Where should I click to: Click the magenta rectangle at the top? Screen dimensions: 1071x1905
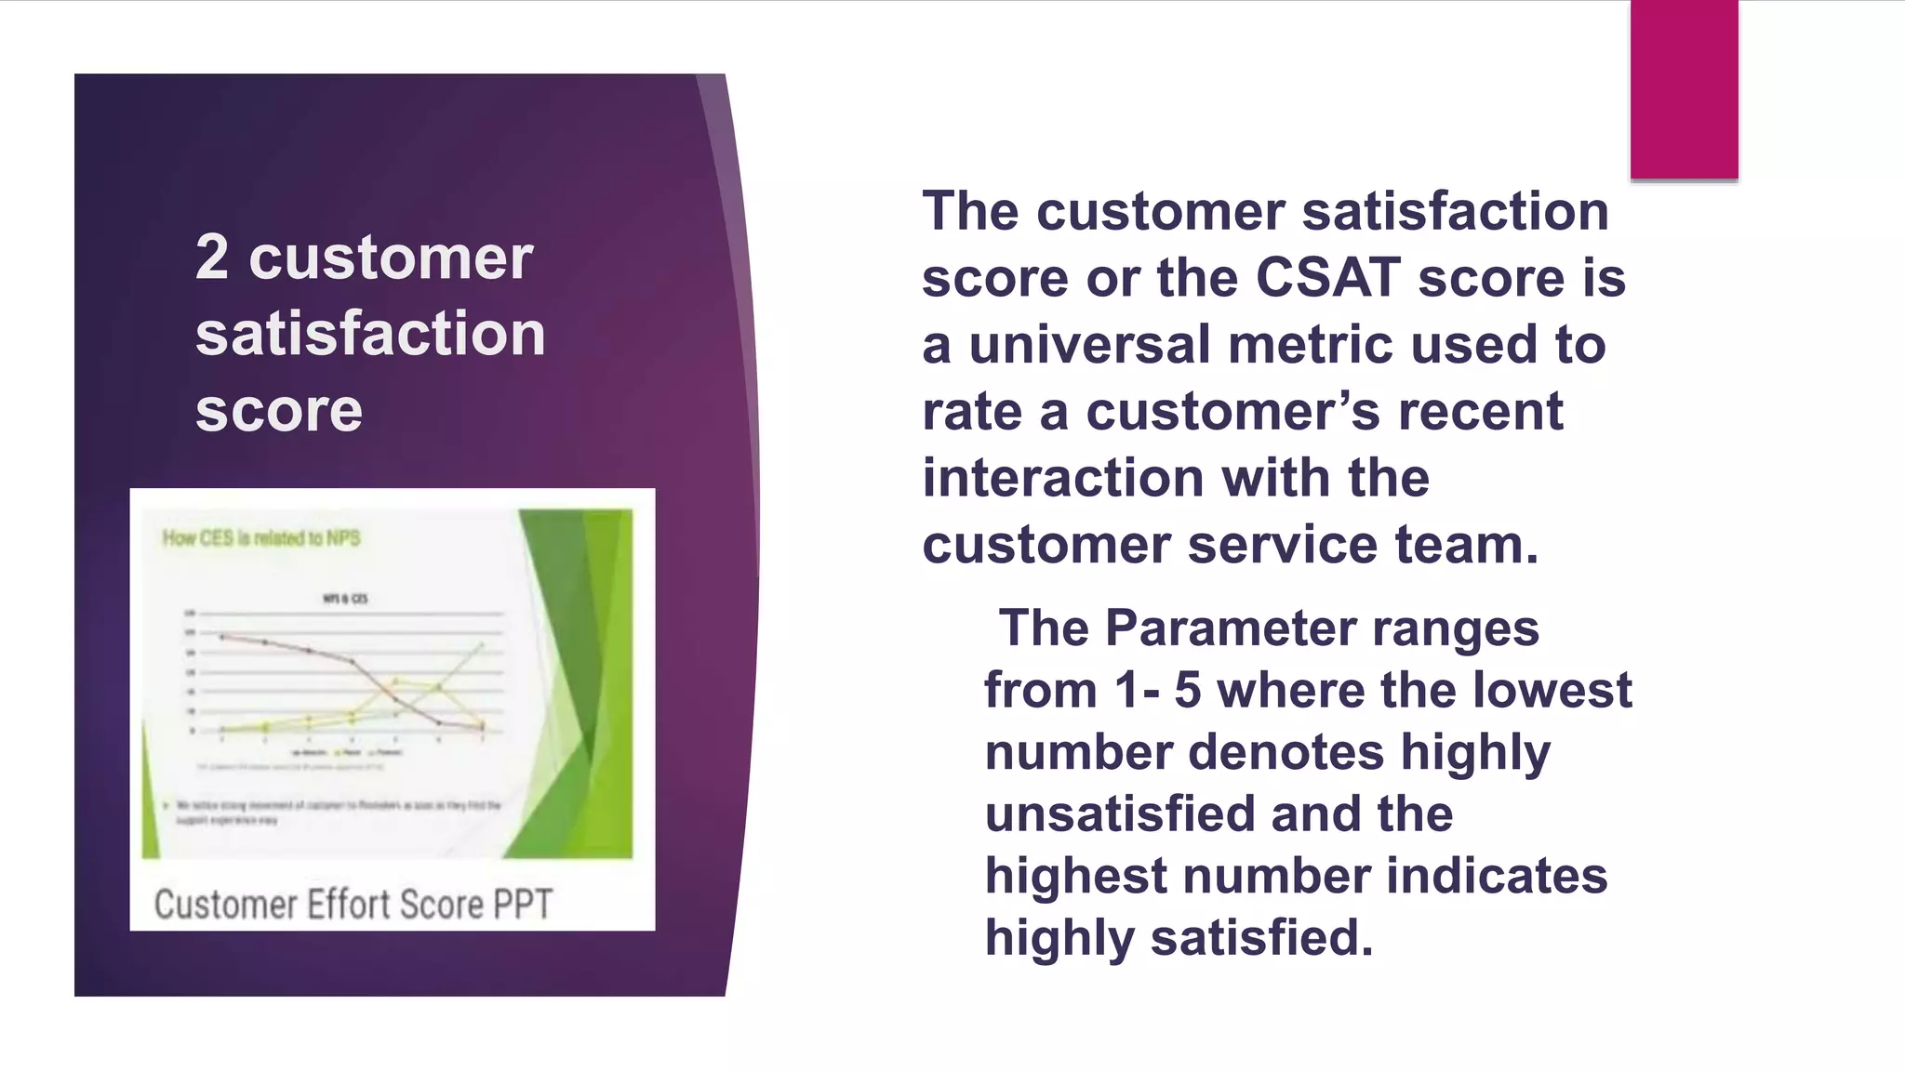tap(1684, 89)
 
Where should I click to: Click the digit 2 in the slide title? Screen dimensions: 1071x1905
tap(212, 257)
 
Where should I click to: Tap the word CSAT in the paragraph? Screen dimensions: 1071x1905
tap(1327, 278)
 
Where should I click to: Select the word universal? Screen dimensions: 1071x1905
tap(1090, 345)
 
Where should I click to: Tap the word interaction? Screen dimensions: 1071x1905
tap(1063, 478)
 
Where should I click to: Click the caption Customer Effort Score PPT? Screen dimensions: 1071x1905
tap(353, 904)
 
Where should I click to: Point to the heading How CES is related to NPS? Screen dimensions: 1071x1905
tap(261, 538)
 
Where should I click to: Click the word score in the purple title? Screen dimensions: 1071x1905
tap(279, 410)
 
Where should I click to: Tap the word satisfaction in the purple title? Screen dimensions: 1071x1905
tap(370, 334)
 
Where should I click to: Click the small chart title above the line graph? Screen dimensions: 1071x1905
tap(345, 599)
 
